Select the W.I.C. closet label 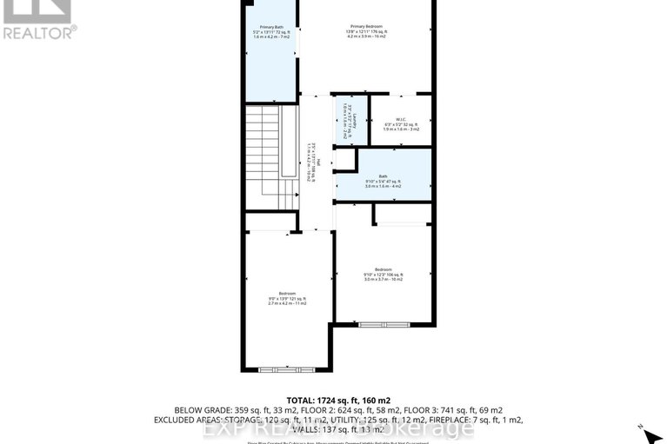tap(400, 123)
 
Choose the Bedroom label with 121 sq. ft tap(287, 296)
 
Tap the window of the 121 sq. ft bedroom tap(286, 369)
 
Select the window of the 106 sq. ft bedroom tap(383, 324)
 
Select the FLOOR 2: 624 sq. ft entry tap(366, 409)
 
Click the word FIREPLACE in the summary tap(452, 420)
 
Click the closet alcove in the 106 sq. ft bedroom tap(403, 215)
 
